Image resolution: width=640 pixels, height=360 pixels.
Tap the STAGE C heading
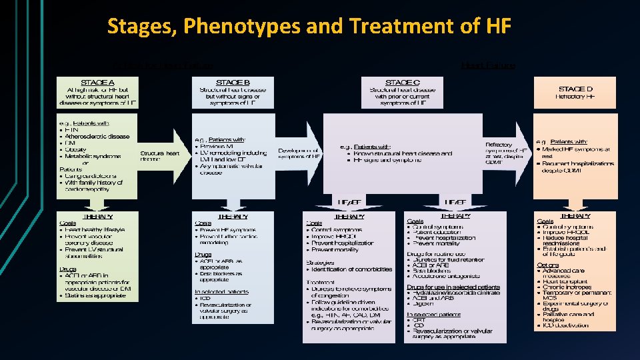[402, 82]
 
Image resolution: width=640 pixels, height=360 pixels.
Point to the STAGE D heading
[575, 88]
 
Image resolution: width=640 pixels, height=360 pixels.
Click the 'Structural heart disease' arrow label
[160, 156]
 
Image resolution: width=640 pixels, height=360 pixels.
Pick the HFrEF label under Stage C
[455, 203]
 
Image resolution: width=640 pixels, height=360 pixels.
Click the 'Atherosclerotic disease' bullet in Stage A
[97, 136]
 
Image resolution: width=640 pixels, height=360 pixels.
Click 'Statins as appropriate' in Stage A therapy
[94, 295]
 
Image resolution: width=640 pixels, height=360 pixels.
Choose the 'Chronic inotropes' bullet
[567, 288]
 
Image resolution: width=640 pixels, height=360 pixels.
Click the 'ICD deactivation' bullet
[566, 326]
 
